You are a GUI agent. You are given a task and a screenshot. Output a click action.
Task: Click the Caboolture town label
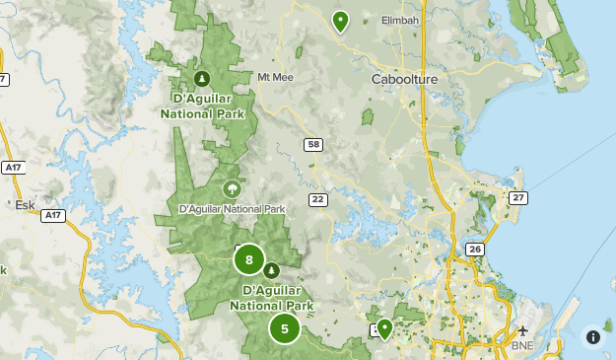pyautogui.click(x=404, y=78)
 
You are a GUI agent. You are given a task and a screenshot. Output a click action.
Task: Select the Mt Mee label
pyautogui.click(x=275, y=77)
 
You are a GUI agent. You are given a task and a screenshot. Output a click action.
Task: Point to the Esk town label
pyautogui.click(x=25, y=205)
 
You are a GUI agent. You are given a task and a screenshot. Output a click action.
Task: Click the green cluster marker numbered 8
pyautogui.click(x=249, y=261)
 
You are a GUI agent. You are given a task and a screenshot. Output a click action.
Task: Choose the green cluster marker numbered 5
pyautogui.click(x=285, y=329)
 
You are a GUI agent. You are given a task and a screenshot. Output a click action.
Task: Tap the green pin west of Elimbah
pyautogui.click(x=340, y=21)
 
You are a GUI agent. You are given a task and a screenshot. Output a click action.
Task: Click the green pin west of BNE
pyautogui.click(x=384, y=328)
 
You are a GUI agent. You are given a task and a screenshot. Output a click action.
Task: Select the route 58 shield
pyautogui.click(x=313, y=145)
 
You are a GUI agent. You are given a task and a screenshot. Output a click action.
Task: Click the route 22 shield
pyautogui.click(x=317, y=199)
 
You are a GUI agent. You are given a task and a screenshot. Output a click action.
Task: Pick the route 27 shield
pyautogui.click(x=518, y=198)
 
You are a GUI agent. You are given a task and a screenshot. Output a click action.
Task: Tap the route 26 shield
pyautogui.click(x=475, y=250)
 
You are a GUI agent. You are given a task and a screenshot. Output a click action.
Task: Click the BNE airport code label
pyautogui.click(x=521, y=346)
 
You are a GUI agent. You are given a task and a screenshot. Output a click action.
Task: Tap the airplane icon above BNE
pyautogui.click(x=522, y=330)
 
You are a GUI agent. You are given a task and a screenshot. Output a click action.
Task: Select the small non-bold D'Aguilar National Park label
pyautogui.click(x=232, y=209)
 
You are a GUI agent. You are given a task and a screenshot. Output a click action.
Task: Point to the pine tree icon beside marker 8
pyautogui.click(x=271, y=270)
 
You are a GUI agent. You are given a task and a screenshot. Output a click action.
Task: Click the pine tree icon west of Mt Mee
pyautogui.click(x=202, y=77)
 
